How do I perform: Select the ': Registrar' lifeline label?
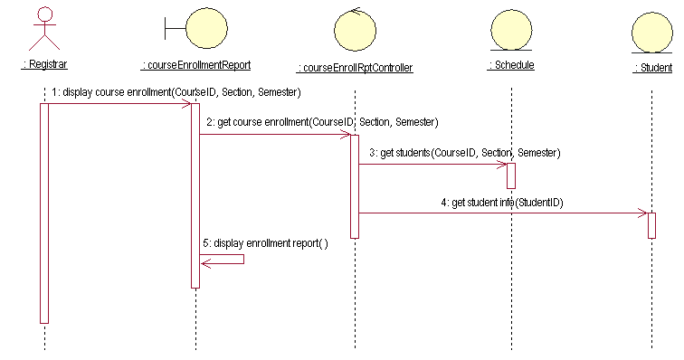(44, 64)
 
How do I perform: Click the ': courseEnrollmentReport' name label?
(195, 65)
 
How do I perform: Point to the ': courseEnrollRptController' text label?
(355, 68)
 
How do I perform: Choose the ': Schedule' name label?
(511, 65)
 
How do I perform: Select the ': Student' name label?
(652, 68)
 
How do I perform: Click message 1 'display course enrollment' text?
(176, 92)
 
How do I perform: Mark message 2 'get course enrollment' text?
(322, 121)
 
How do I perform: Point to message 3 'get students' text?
(464, 153)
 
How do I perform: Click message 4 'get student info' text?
(508, 203)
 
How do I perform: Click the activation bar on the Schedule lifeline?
(511, 175)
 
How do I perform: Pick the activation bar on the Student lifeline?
(651, 224)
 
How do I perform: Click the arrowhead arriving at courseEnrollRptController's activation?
(346, 135)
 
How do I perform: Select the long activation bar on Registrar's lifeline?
(43, 213)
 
